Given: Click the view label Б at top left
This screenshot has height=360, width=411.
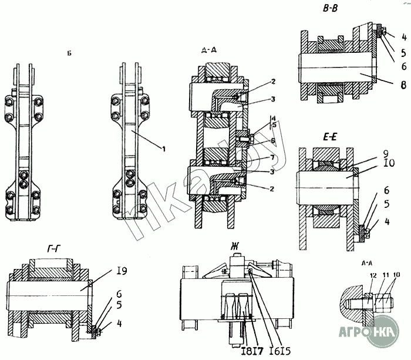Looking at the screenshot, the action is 69,53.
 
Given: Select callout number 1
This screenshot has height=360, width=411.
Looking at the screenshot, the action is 164,149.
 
